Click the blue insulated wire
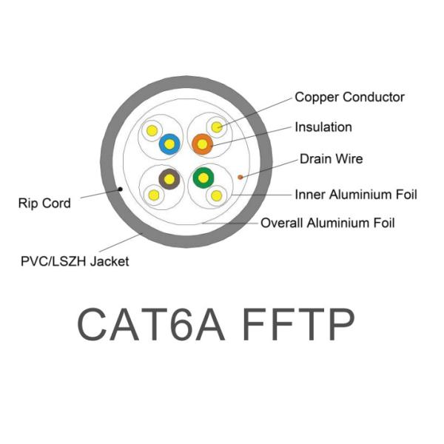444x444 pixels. point(169,144)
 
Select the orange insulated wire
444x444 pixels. point(201,144)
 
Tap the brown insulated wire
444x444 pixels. point(169,178)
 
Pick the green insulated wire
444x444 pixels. point(202,178)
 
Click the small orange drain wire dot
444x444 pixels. point(241,176)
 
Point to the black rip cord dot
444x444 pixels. point(121,189)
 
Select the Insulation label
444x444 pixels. point(323,127)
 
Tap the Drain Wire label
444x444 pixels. point(331,159)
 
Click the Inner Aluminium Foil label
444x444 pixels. point(356,195)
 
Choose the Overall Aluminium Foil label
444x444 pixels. point(328,223)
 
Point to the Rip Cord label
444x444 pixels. point(44,202)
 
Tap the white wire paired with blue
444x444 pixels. point(152,131)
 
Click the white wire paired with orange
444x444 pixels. point(217,128)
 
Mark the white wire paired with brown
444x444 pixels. point(153,195)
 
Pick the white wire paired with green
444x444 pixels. point(217,195)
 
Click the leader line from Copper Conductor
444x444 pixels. point(255,112)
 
